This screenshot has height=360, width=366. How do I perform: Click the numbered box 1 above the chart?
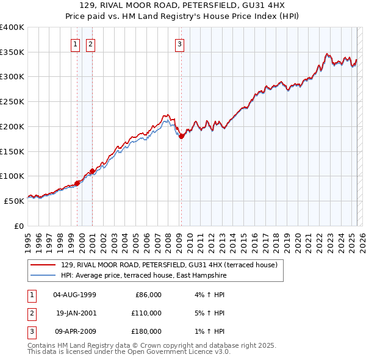point(75,44)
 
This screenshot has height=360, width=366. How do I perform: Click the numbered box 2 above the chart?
point(90,44)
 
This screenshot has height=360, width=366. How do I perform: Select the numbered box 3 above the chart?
point(181,44)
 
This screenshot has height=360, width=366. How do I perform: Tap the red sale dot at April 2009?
point(181,137)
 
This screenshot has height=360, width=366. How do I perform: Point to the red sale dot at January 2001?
point(92,171)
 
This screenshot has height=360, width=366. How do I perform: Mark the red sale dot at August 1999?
point(77,183)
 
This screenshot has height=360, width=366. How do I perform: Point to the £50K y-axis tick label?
point(15,201)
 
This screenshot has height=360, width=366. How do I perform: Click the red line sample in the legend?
point(43,265)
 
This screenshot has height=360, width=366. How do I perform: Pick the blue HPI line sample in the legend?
point(43,276)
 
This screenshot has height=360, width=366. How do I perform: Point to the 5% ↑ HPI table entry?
point(213,313)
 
